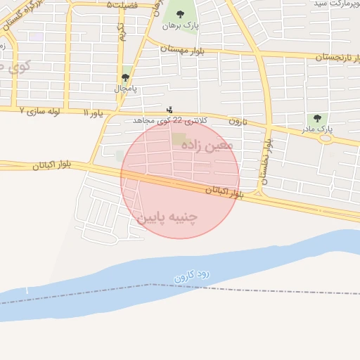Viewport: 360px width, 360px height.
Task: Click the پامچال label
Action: coord(125,89)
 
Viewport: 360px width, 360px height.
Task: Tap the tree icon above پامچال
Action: coord(125,77)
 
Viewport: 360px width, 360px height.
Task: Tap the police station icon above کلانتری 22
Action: coord(169,110)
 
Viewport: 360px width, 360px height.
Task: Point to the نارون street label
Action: coord(239,122)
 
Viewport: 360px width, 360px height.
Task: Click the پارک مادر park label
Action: coord(319,130)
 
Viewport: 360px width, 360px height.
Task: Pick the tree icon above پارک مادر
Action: coord(318,118)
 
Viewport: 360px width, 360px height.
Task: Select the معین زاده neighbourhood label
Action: coord(206,146)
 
